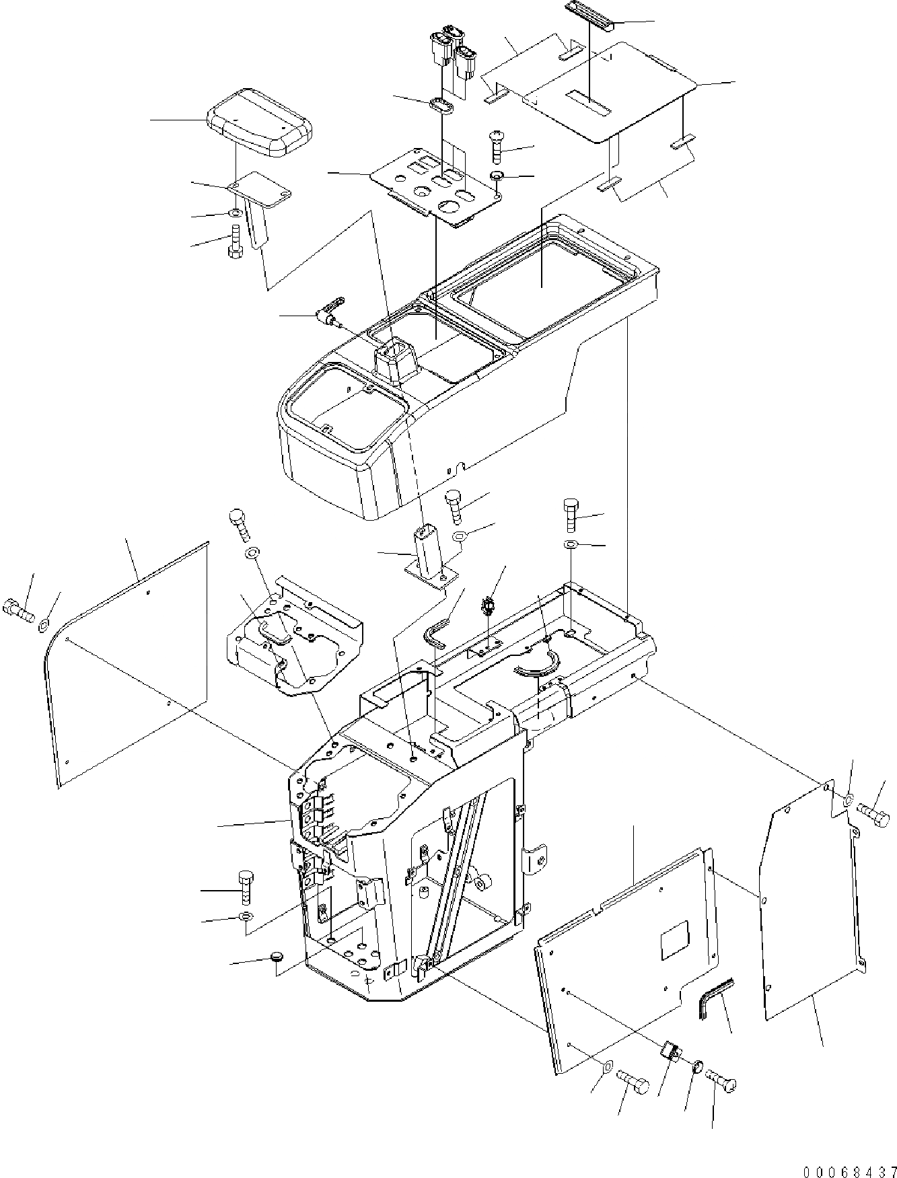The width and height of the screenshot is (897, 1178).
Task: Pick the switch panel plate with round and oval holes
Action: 438,187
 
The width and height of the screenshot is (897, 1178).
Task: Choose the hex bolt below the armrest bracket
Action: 236,240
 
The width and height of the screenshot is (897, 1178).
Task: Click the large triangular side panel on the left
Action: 128,666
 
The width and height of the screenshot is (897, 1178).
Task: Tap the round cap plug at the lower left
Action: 276,957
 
